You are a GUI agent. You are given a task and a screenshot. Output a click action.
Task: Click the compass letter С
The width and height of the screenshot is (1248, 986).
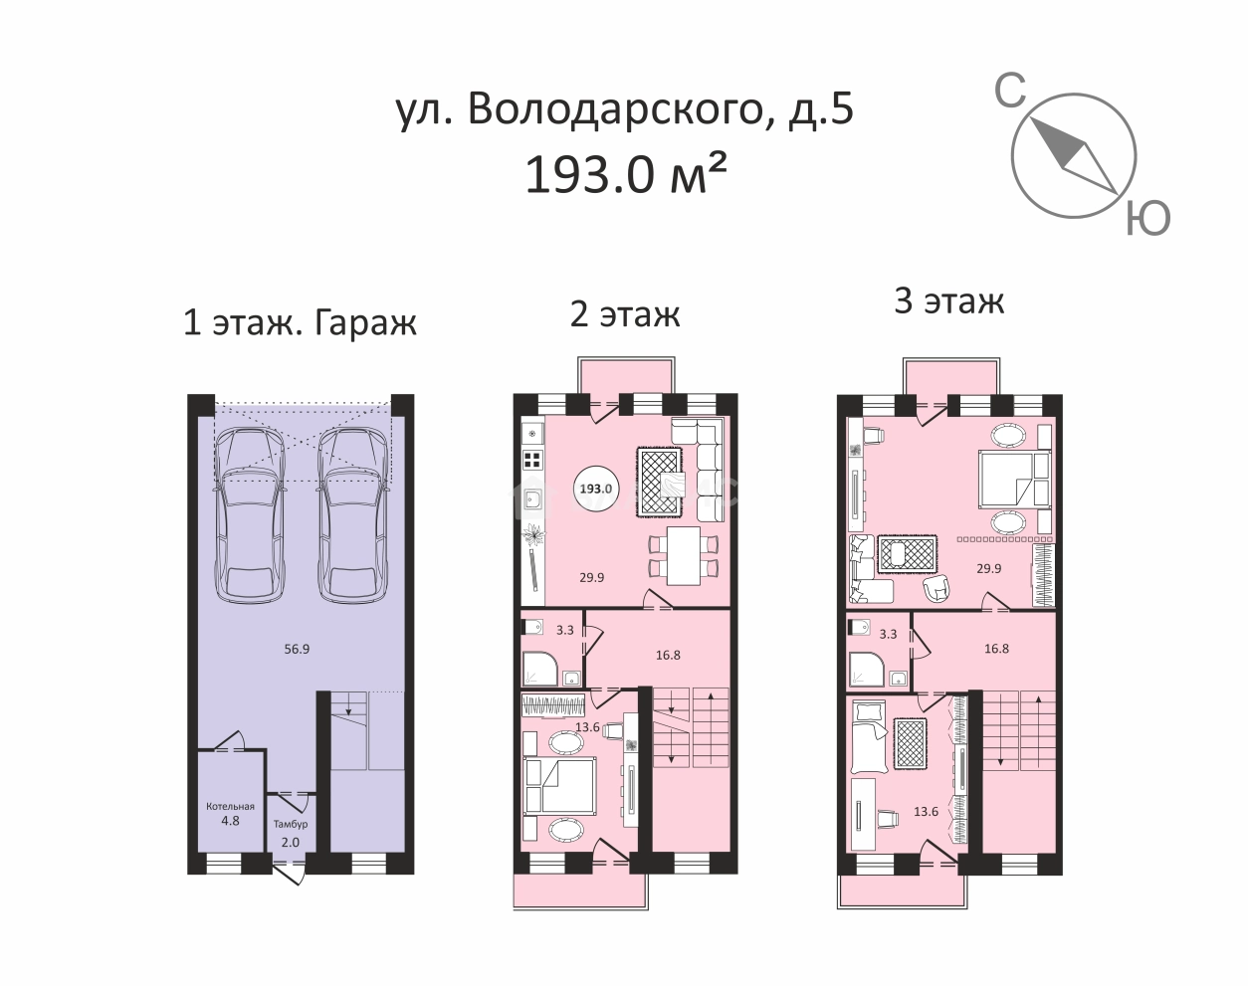(1010, 93)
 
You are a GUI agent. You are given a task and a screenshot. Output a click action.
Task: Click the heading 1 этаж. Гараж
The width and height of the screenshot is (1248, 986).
(300, 322)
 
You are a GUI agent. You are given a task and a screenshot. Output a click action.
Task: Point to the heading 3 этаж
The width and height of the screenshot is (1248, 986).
(948, 300)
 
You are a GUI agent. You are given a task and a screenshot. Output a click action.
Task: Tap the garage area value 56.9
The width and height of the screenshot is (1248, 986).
(297, 649)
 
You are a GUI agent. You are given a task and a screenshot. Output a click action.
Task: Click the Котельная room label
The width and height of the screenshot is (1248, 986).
(230, 807)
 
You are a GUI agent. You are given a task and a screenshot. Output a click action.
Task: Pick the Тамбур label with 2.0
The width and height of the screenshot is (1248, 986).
(291, 832)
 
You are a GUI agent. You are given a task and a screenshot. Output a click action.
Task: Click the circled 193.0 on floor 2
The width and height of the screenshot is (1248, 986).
(595, 489)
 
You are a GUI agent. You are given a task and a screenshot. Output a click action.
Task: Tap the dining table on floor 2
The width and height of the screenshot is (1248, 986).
(684, 556)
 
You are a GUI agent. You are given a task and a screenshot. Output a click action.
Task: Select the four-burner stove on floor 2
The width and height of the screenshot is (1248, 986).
(532, 460)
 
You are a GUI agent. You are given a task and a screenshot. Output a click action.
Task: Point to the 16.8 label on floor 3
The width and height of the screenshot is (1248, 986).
(996, 649)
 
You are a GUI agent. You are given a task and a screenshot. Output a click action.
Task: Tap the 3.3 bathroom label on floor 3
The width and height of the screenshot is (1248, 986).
(889, 633)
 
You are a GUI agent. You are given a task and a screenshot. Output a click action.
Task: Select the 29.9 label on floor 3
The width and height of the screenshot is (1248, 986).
(988, 569)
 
